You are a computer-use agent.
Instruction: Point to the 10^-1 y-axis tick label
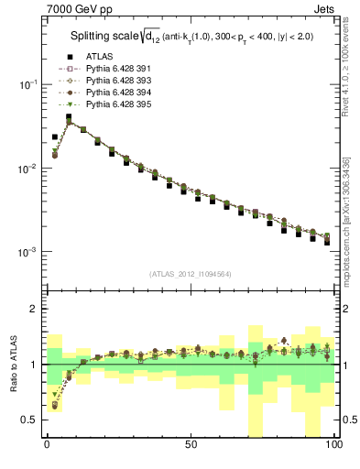pyautogui.click(x=27, y=84)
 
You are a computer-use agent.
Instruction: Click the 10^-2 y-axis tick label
pyautogui.click(x=27, y=169)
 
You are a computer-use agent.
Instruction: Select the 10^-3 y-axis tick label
pyautogui.click(x=27, y=252)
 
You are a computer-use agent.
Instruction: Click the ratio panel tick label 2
pyautogui.click(x=35, y=310)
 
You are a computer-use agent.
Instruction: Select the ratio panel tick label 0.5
pyautogui.click(x=30, y=420)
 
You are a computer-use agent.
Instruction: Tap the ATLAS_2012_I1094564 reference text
pyautogui.click(x=191, y=274)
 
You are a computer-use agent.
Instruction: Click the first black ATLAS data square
pyautogui.click(x=55, y=136)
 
